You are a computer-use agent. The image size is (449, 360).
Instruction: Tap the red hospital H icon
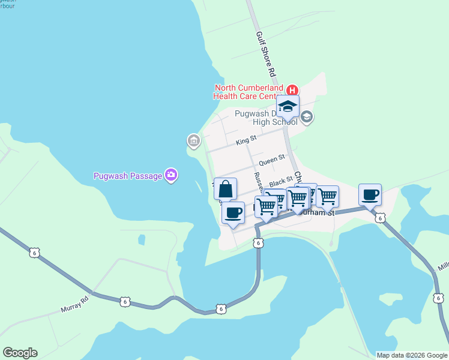click(292, 91)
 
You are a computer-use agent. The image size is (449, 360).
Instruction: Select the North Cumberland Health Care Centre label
click(249, 92)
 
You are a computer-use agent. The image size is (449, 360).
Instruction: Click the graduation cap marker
click(288, 107)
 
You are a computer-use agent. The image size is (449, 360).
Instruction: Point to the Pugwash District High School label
click(264, 118)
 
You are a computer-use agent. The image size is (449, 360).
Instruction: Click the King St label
click(246, 141)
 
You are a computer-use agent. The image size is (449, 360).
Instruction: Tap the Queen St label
click(271, 161)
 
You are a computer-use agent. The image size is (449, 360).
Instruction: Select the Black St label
click(281, 180)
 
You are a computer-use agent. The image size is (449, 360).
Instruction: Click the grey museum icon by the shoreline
click(193, 141)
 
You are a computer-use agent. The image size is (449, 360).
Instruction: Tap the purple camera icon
click(171, 175)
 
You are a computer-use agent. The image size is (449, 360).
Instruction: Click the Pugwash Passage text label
click(128, 176)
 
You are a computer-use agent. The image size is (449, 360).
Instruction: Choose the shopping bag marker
click(225, 190)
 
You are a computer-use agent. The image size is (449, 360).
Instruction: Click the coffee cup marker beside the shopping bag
click(234, 212)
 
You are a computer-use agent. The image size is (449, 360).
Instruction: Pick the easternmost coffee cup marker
click(370, 195)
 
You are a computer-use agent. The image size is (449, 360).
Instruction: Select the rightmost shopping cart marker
click(327, 197)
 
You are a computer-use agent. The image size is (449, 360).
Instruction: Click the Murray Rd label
click(75, 304)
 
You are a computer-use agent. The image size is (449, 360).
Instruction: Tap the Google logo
click(20, 353)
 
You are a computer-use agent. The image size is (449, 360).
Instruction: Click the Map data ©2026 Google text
click(411, 355)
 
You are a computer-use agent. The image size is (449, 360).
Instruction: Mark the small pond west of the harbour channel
click(141, 239)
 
